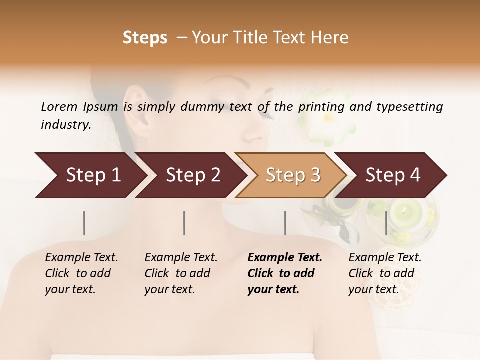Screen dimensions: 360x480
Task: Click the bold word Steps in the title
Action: (x=145, y=38)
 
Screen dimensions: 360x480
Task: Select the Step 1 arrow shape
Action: (x=90, y=175)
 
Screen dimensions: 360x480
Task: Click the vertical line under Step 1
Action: (x=84, y=223)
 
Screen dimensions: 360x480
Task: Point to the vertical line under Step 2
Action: (x=184, y=223)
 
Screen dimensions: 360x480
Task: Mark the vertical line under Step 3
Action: (x=285, y=223)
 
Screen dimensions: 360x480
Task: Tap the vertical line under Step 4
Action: (x=386, y=223)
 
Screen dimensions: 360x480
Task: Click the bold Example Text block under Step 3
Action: (x=285, y=273)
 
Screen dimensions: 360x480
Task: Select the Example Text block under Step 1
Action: (x=81, y=273)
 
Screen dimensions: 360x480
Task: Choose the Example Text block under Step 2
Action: (x=181, y=273)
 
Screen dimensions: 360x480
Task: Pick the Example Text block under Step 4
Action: (x=385, y=273)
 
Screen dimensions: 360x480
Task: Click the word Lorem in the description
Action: (x=59, y=106)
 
